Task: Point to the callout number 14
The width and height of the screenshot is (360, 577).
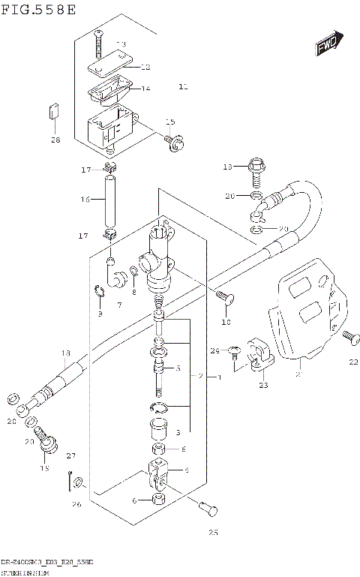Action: coord(145,88)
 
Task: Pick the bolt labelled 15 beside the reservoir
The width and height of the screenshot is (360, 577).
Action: coord(175,140)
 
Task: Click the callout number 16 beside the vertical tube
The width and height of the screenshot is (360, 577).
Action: coord(85,200)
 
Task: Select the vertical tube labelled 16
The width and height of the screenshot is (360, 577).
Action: coord(110,199)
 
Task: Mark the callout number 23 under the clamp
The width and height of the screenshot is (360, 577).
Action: coord(262,386)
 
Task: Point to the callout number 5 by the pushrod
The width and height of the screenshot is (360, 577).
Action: coord(178,368)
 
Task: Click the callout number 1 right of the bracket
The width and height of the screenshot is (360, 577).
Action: coord(218,376)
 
